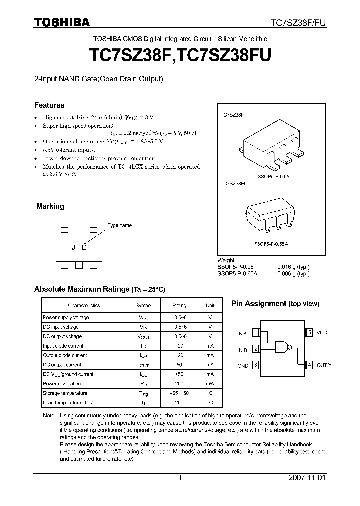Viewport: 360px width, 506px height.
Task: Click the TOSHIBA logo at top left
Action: point(62,22)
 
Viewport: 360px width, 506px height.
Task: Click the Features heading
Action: point(49,105)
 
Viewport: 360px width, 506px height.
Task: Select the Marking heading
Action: point(50,206)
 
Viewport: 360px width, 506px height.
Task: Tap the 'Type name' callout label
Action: point(120,225)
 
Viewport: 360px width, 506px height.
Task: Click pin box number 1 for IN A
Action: point(255,332)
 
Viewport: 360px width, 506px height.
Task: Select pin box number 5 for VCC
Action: point(309,332)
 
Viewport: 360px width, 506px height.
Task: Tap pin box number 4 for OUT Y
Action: point(309,365)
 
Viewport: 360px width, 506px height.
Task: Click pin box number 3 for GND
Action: point(255,365)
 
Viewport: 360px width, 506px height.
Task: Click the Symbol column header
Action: point(144,305)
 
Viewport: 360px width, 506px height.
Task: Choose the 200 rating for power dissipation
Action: point(180,384)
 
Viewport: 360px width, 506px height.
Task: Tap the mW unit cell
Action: point(210,384)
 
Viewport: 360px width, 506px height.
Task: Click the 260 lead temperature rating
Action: point(180,403)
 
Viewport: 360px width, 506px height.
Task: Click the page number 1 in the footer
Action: point(180,478)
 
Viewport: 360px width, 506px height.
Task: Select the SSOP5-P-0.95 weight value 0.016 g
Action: point(292,267)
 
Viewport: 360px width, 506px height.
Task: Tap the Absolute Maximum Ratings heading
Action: point(99,289)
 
